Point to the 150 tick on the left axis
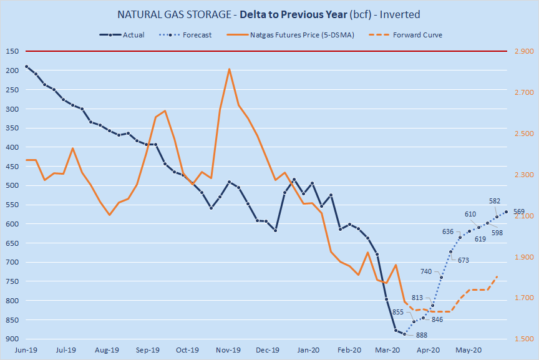(12, 51)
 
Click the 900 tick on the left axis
(12, 339)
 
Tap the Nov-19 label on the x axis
(228, 350)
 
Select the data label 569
(519, 212)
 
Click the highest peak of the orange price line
(229, 69)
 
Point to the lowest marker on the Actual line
(404, 334)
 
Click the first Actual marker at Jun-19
(26, 66)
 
